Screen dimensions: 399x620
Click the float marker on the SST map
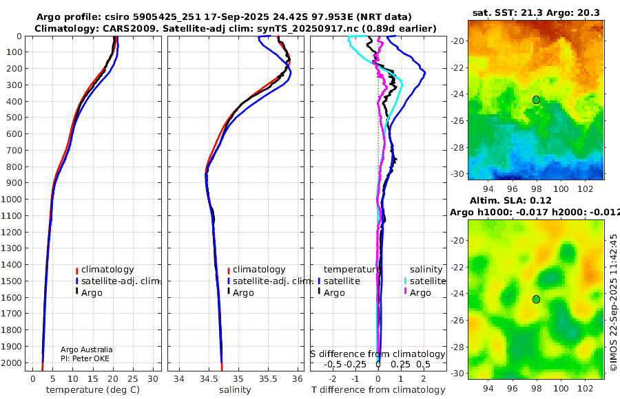(536, 100)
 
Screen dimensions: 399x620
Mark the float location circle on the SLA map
(536, 299)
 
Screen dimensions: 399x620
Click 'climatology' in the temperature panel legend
(107, 270)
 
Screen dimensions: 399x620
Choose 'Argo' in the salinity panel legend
(243, 293)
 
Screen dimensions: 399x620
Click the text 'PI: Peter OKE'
(85, 358)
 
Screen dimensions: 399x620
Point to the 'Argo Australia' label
(87, 349)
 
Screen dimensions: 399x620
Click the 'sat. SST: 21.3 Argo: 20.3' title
(536, 12)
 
